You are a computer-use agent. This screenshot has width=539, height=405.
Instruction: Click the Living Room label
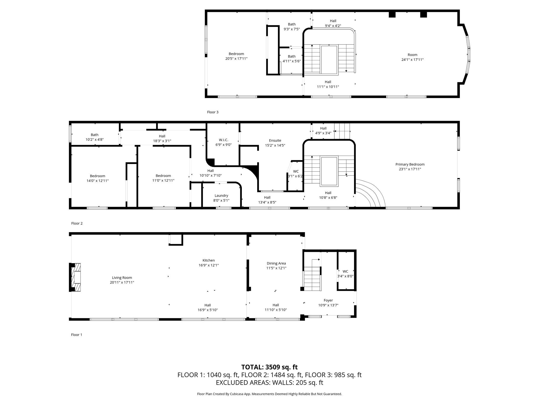[122, 278]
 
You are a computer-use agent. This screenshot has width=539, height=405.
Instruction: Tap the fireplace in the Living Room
[75, 277]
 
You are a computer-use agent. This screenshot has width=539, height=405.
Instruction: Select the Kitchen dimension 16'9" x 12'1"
[209, 265]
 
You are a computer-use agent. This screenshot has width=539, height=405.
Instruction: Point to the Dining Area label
[276, 263]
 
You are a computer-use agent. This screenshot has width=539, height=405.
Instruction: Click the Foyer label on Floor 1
[328, 300]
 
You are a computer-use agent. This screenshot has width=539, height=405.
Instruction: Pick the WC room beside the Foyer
[345, 271]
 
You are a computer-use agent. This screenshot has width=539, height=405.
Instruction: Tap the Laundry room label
[221, 196]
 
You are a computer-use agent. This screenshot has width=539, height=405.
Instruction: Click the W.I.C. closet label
[223, 140]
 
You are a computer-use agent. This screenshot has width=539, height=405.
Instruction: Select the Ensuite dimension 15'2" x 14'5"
[275, 145]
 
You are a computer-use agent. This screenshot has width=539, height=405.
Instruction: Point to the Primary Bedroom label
[410, 164]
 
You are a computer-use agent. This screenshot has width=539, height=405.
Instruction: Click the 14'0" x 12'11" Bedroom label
[98, 176]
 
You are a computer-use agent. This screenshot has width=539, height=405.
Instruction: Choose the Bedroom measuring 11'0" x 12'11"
[163, 178]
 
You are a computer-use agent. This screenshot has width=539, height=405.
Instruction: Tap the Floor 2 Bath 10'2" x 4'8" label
[94, 135]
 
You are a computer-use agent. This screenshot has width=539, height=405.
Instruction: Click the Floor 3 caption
[213, 112]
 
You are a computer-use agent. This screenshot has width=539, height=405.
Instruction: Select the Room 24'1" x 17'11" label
[412, 55]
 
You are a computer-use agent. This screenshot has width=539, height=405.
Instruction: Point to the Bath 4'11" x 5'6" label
[292, 56]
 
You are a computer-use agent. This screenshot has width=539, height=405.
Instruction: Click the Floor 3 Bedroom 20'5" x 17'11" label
[236, 54]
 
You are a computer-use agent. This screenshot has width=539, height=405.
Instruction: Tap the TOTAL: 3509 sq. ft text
[269, 367]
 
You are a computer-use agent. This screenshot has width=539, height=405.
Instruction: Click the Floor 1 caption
[77, 335]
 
